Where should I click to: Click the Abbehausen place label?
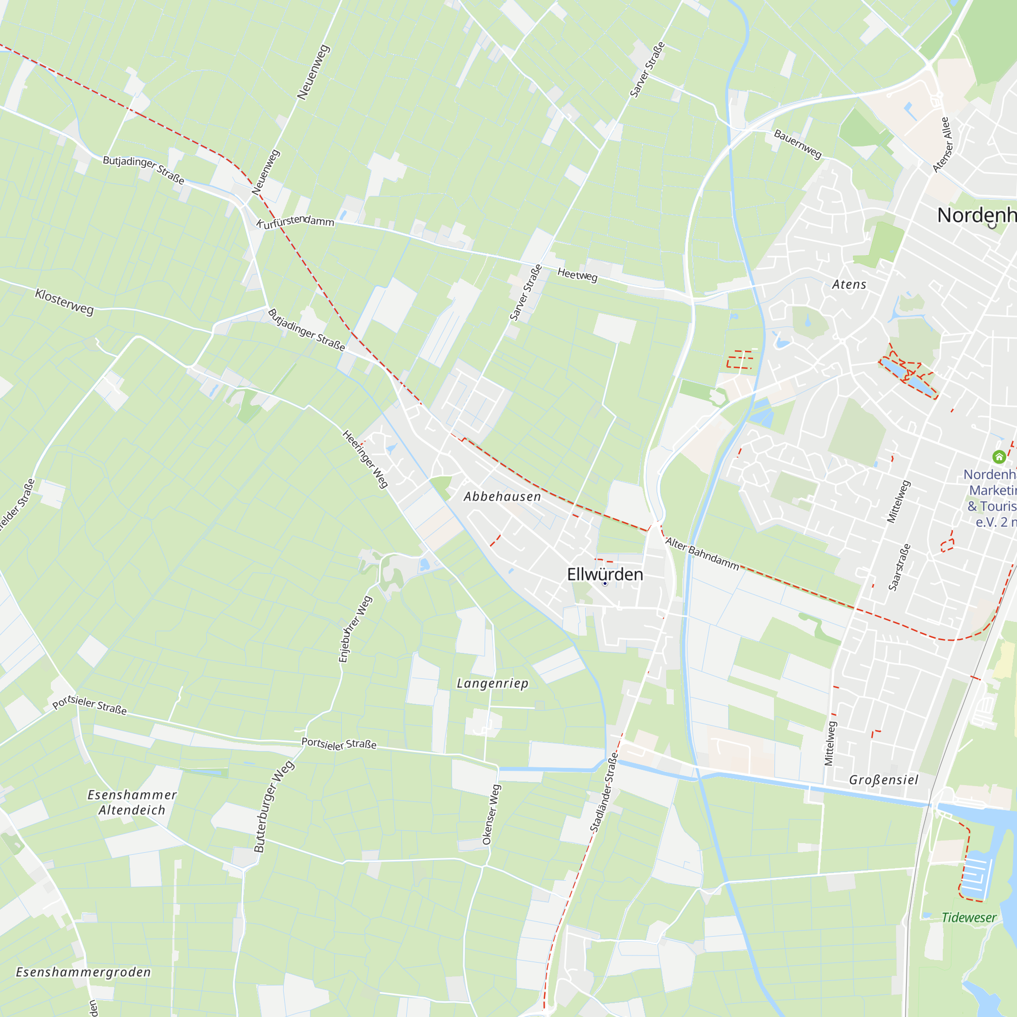click(502, 496)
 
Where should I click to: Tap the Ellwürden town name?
click(605, 574)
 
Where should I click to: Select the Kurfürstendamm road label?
click(295, 221)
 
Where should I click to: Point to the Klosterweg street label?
click(64, 302)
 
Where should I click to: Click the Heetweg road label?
click(578, 275)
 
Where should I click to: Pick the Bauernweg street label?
click(797, 144)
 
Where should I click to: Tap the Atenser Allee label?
click(942, 145)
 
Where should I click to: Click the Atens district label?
click(849, 285)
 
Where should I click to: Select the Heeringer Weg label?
click(365, 459)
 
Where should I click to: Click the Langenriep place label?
click(492, 683)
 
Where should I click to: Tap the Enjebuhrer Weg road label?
click(355, 630)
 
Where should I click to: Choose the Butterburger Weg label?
click(274, 806)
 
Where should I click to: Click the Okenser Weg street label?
click(491, 815)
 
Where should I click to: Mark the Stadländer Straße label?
click(604, 795)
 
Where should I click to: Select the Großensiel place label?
click(884, 780)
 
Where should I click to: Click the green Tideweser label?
click(969, 918)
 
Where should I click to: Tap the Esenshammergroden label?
click(83, 972)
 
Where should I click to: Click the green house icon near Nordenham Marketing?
click(999, 457)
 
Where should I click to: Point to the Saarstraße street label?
click(900, 567)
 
